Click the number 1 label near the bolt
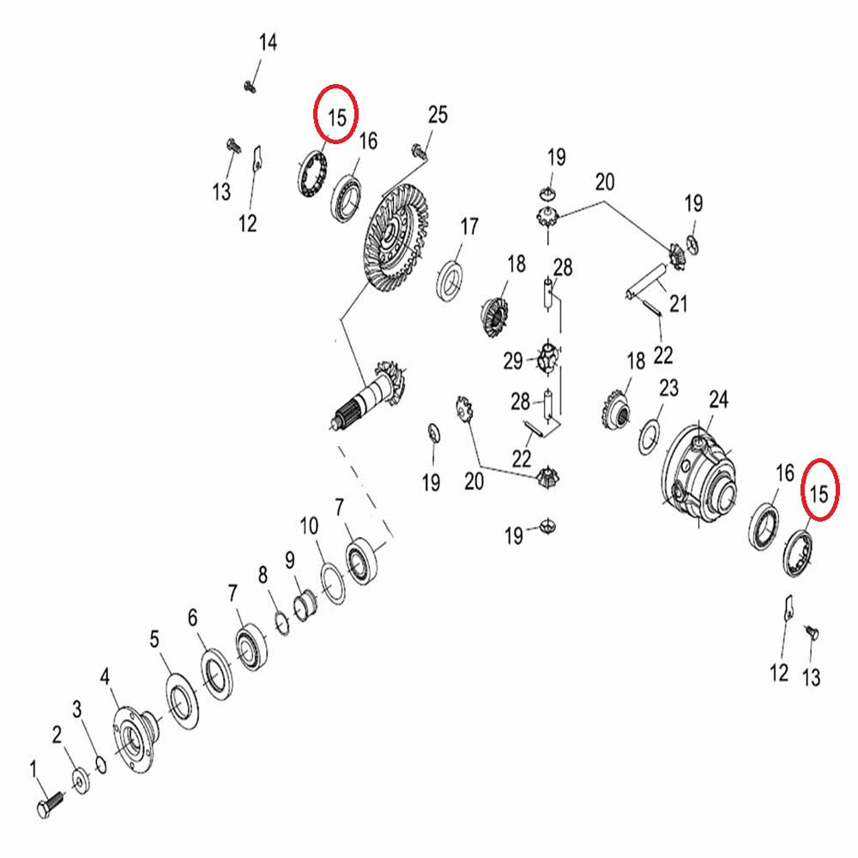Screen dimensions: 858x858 coord(35,766)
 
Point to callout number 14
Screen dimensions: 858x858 coord(269,43)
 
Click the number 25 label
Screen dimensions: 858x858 coord(438,115)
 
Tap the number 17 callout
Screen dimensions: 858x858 coord(468,227)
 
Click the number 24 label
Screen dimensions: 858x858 coord(718,399)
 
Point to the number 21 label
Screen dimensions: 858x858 coord(679,303)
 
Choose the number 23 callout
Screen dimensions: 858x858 coord(668,388)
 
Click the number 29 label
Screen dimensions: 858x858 coord(513,360)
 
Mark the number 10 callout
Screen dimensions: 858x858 coord(310,525)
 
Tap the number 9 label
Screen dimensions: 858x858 coord(289,560)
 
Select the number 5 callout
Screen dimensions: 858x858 coord(154,638)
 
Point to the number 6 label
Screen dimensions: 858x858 coord(192,618)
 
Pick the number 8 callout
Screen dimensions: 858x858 coord(263,575)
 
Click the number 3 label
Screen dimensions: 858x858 coord(76,709)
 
